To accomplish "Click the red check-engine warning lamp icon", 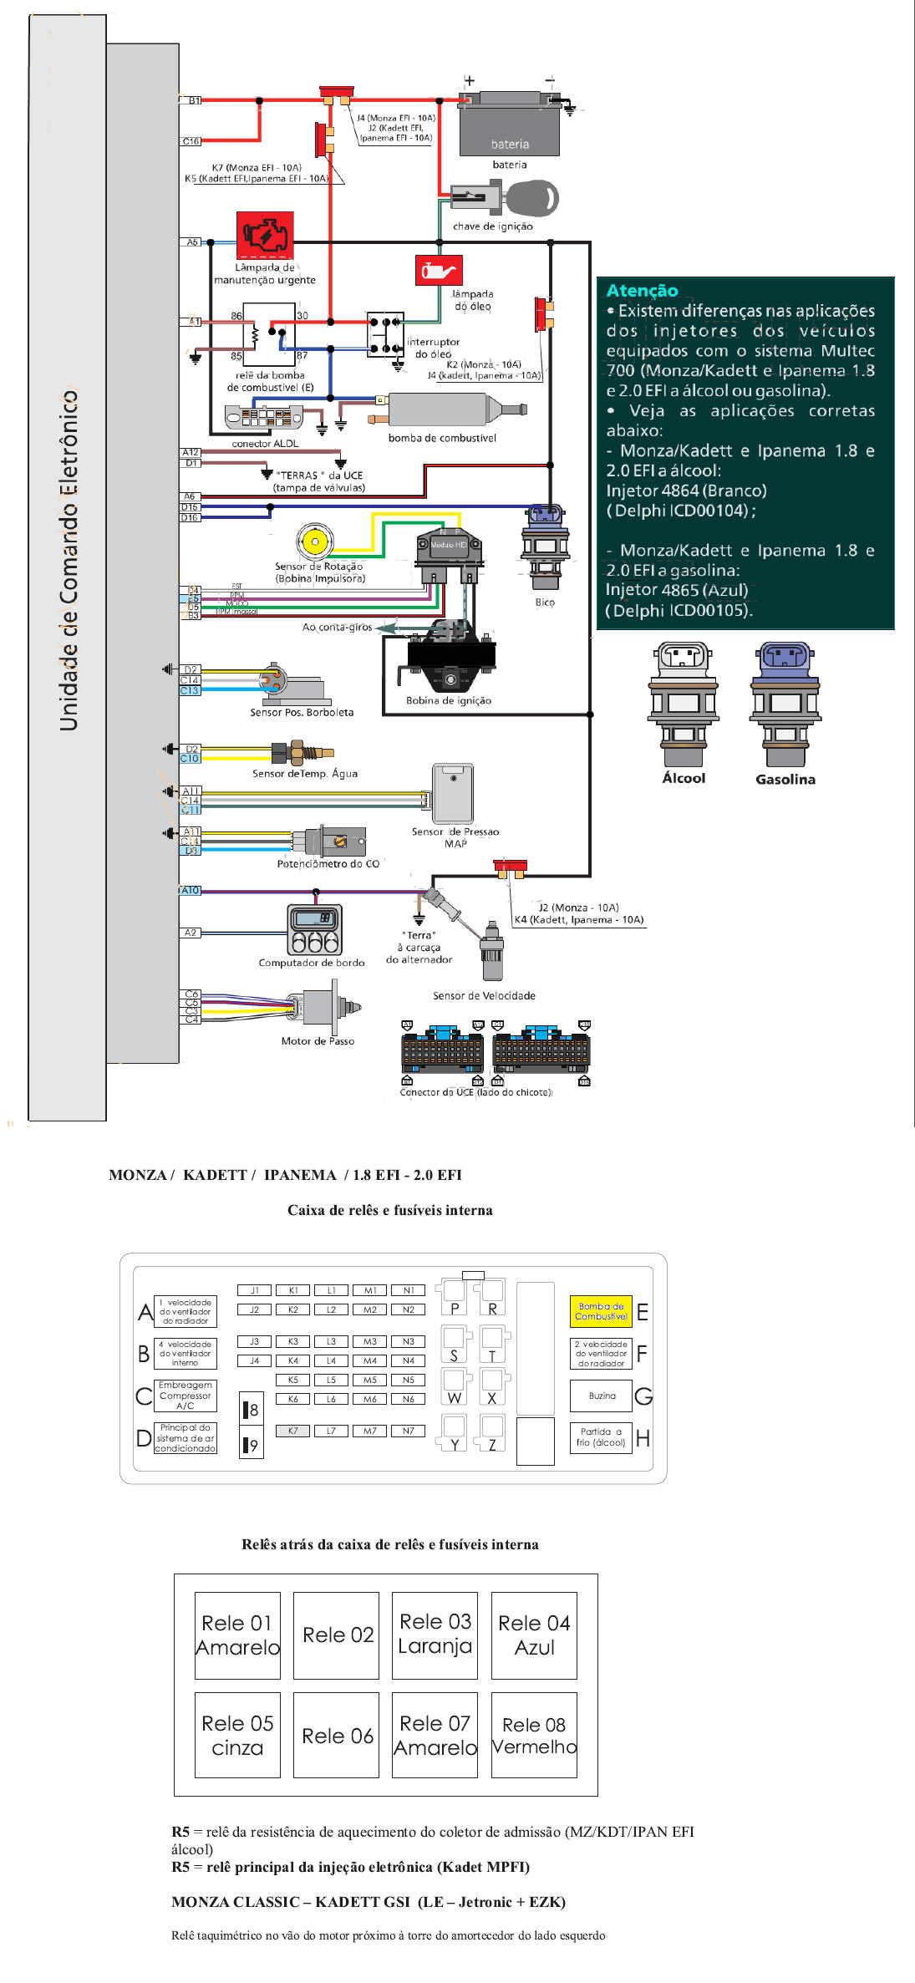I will pyautogui.click(x=265, y=235).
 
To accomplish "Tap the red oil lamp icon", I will pyautogui.click(x=439, y=271).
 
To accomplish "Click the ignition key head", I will pyautogui.click(x=532, y=199).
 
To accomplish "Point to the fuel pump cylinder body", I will pyautogui.click(x=440, y=409).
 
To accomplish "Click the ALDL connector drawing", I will pyautogui.click(x=263, y=417).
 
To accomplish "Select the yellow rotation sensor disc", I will pyautogui.click(x=315, y=542).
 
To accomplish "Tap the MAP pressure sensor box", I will pyautogui.click(x=453, y=793).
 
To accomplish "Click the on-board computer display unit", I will pyautogui.click(x=314, y=929).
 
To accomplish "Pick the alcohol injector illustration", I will pyautogui.click(x=684, y=704).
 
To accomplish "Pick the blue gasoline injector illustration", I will pyautogui.click(x=785, y=704).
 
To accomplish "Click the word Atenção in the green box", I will pyautogui.click(x=642, y=290).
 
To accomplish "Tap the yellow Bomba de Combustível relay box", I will pyautogui.click(x=601, y=1311).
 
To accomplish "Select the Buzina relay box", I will pyautogui.click(x=602, y=1396).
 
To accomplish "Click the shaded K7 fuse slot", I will pyautogui.click(x=293, y=1431).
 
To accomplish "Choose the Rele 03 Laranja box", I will pyautogui.click(x=435, y=1635).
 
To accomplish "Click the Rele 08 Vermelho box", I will pyautogui.click(x=534, y=1735).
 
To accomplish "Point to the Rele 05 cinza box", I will pyautogui.click(x=237, y=1735).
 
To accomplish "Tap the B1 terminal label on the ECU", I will pyautogui.click(x=193, y=100).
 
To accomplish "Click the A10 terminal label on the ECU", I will pyautogui.click(x=191, y=890).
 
